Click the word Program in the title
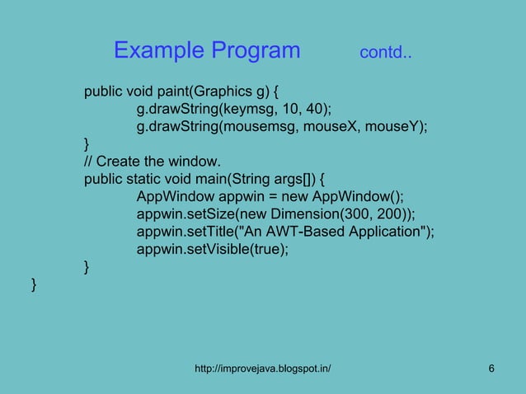pos(256,51)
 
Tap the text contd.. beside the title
pos(386,54)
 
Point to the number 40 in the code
pos(322,109)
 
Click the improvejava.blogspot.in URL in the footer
pos(262,368)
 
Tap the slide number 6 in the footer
pos(491,368)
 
